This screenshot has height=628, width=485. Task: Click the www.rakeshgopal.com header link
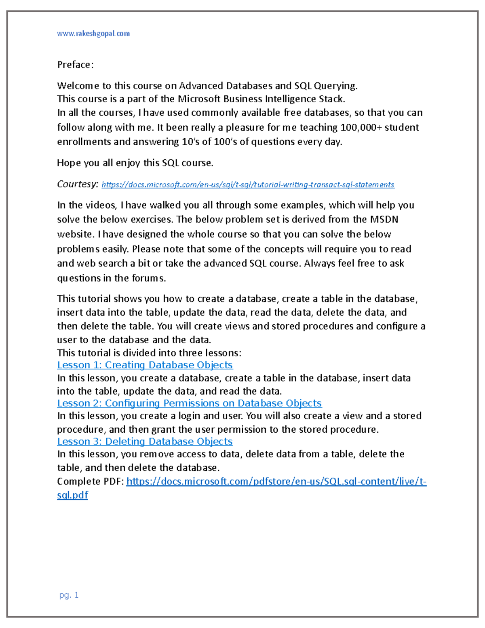(93, 34)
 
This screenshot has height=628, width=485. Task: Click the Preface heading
(75, 65)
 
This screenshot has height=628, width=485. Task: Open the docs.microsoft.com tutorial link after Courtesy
(248, 185)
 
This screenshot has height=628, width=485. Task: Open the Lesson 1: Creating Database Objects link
(145, 365)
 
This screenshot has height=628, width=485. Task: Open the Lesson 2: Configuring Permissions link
(189, 403)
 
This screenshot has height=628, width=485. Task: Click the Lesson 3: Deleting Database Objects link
(145, 441)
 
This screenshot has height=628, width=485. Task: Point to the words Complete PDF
(90, 481)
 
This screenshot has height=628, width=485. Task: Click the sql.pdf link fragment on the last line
(72, 495)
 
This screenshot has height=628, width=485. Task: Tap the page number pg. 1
(69, 595)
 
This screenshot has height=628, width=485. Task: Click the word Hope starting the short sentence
(69, 163)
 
